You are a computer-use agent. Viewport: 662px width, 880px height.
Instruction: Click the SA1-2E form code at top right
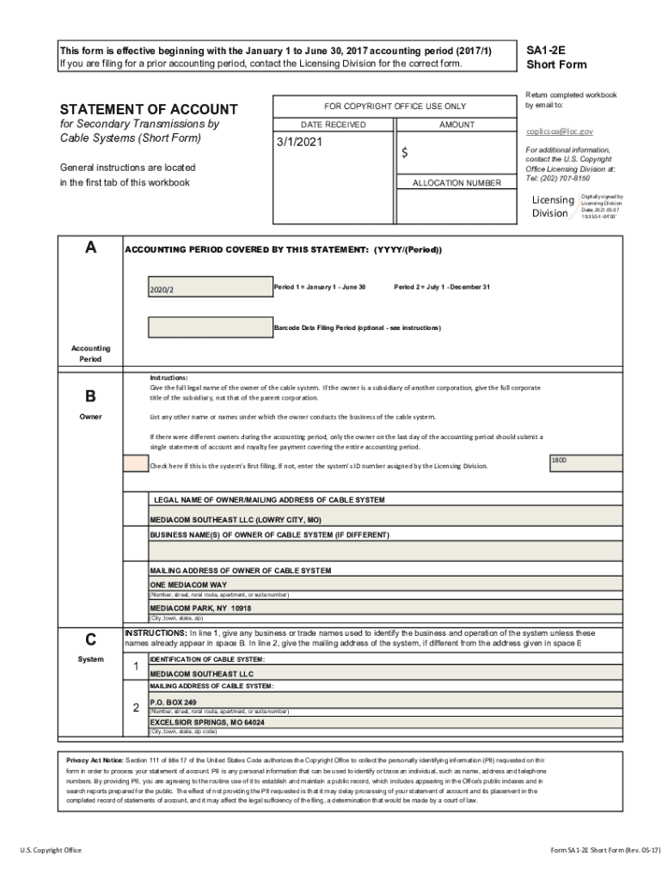pos(544,51)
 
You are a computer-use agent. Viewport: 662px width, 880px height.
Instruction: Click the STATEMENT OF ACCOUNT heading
pos(148,109)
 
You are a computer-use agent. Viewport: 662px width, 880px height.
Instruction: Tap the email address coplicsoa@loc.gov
pos(559,131)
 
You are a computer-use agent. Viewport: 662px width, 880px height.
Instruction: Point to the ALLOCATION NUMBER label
pos(456,183)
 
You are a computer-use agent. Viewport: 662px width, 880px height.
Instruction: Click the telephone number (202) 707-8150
pos(567,178)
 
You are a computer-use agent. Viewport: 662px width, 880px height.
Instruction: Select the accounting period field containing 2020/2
pos(209,290)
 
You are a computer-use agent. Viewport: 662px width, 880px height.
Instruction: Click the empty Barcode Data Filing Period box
pos(209,327)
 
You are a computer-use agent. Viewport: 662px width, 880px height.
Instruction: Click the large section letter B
pos(90,397)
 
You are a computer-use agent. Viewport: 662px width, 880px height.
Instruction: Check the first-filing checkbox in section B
pos(136,464)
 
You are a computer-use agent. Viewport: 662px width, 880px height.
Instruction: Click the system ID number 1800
pos(559,461)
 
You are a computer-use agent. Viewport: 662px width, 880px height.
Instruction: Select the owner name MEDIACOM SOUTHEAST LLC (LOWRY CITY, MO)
pos(236,520)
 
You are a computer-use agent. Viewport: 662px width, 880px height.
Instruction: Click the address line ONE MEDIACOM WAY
pos(188,584)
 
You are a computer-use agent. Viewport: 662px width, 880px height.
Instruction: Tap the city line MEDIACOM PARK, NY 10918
pos(200,608)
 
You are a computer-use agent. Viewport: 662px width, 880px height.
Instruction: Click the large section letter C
pos(90,639)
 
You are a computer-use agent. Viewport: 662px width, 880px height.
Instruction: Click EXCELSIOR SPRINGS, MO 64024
pos(207,723)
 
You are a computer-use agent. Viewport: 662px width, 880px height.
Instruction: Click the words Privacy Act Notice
pos(95,761)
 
